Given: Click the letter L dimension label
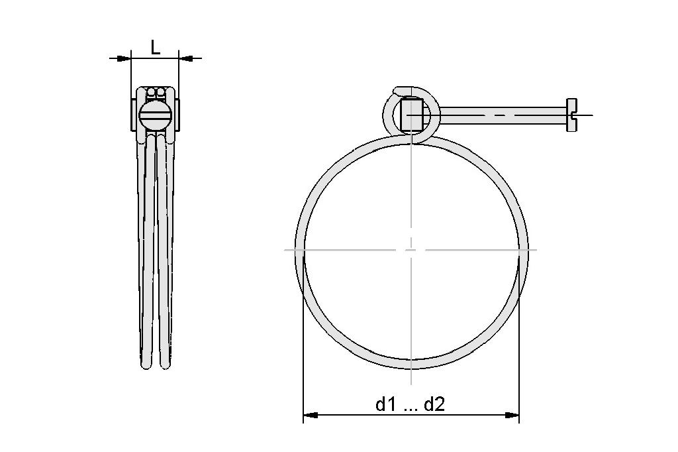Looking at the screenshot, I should pos(155,47).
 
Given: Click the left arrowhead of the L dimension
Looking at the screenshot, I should pos(124,58).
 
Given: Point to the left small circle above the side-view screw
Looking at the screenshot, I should pos(151,92).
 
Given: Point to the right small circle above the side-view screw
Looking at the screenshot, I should pos(161,92).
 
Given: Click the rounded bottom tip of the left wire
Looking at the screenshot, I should pos(146,364).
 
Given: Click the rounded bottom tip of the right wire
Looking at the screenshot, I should pos(165,364).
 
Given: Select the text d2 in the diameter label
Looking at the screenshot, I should pos(434,404).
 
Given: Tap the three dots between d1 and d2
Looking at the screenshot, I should pos(410,407).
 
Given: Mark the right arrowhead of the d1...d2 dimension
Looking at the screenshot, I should pos(512,416).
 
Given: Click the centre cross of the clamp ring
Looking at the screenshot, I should pos(411,250).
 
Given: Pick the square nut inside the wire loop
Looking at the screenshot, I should pos(412,115).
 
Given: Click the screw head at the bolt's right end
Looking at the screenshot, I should pos(571,115).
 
